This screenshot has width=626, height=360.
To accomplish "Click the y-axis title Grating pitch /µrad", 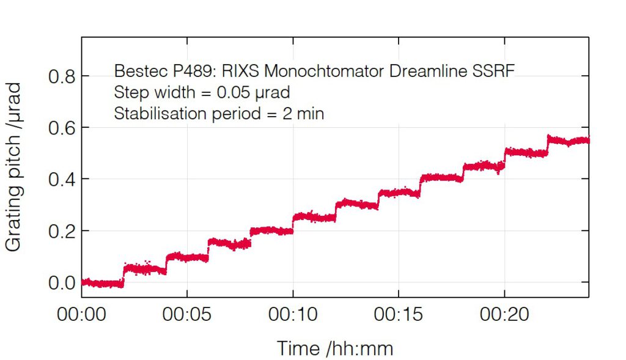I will click(15, 166).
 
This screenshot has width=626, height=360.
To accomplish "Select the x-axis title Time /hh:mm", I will click(335, 348).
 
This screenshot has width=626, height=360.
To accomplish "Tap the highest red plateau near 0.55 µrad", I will click(569, 141).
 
